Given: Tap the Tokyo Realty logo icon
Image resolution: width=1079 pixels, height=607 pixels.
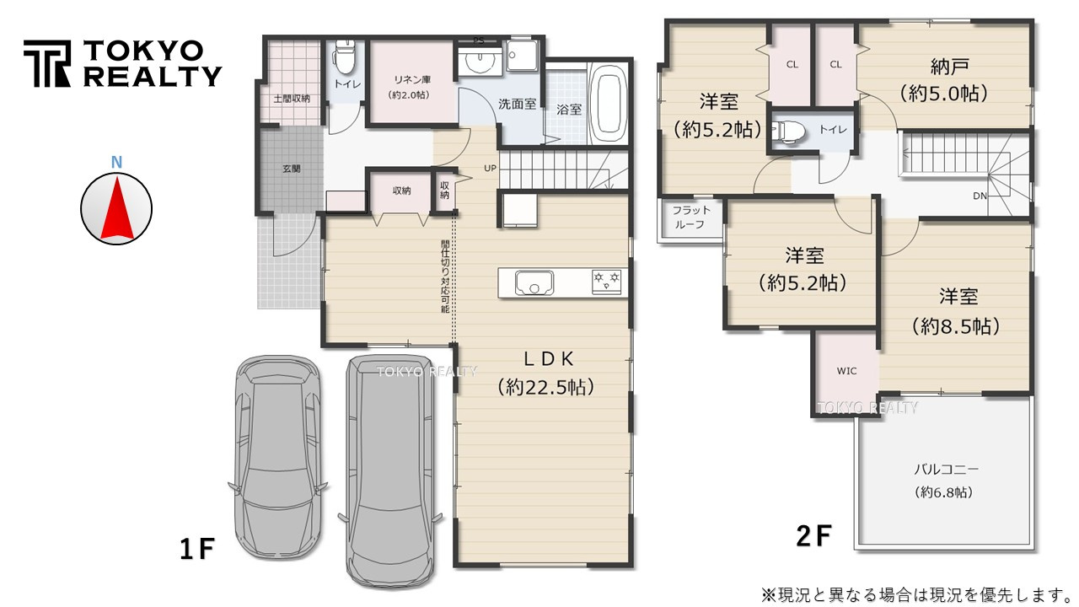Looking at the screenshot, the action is coord(47,63).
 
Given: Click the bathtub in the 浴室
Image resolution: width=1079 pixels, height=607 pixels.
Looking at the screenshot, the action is coord(607,103).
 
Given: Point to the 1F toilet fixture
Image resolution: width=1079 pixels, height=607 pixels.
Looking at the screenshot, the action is coord(343,56).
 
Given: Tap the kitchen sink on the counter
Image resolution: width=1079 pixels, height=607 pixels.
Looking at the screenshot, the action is coord(534,282).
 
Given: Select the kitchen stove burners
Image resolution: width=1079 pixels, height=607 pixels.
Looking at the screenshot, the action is coord(606,282).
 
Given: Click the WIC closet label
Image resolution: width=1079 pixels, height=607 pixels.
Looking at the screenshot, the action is coord(846,371).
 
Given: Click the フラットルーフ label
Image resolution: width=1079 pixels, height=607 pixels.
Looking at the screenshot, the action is coord(691,218).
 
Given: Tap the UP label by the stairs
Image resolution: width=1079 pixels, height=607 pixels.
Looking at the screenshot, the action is coord(490,168).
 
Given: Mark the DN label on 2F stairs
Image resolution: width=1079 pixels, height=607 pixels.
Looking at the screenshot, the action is coord(980,196).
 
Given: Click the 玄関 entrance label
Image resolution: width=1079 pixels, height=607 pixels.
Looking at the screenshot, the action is coord(292,169).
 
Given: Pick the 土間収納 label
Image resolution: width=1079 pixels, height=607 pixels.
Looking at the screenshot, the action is coord(292,99).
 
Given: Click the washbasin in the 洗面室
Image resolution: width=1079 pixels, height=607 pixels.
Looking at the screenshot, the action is coord(479,62).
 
